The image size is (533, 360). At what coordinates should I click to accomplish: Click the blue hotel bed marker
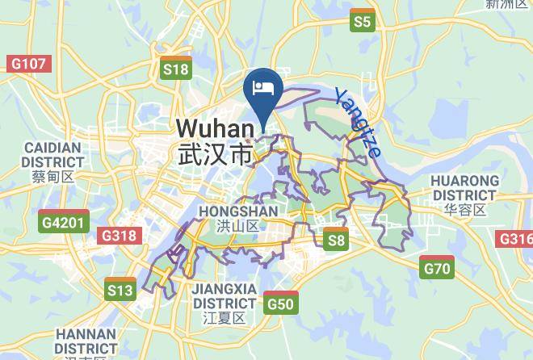[263, 88]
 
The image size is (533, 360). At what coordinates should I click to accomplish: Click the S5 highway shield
[363, 22]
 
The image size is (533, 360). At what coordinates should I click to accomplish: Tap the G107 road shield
[28, 63]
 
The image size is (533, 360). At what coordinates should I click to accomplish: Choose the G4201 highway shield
[63, 220]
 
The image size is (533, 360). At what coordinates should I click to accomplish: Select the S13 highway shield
[120, 289]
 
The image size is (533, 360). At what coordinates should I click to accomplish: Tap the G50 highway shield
[280, 303]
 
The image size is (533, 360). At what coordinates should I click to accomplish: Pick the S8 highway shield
[336, 240]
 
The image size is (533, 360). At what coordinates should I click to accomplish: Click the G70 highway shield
[437, 268]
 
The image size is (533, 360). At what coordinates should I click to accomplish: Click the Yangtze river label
[358, 122]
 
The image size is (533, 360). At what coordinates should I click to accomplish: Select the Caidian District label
[53, 155]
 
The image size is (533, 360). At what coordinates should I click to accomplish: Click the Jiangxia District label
[224, 295]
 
